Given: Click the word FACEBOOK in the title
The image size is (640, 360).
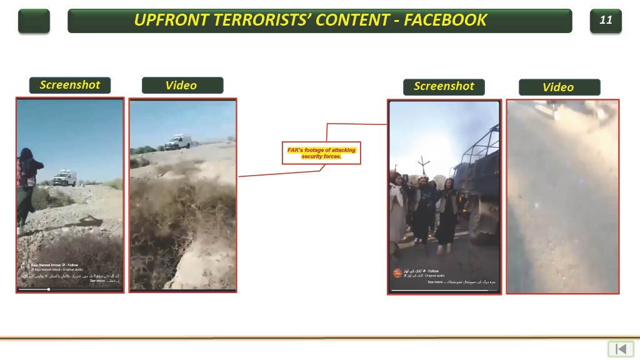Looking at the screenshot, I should (445, 20).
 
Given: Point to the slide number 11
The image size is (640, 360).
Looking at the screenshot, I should (606, 20).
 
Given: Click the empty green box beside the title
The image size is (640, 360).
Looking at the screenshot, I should (34, 21).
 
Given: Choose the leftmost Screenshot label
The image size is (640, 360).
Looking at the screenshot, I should (69, 85).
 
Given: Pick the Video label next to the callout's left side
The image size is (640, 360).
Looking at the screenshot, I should (182, 86).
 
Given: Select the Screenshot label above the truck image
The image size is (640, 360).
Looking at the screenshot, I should (444, 86).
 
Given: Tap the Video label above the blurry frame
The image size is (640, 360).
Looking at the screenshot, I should (559, 87).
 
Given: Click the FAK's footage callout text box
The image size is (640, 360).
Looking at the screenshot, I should (321, 153).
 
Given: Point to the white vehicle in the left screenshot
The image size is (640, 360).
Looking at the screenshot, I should (64, 178).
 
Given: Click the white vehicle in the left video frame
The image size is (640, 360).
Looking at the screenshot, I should (179, 142).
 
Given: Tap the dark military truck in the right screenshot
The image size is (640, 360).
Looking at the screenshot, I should (478, 181).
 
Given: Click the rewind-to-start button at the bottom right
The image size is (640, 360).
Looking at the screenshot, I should (621, 349).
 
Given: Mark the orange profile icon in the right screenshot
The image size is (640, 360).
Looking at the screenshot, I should (397, 273).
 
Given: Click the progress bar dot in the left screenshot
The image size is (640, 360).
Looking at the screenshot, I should (49, 289).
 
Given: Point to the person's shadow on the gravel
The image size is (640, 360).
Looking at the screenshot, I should (87, 221).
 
